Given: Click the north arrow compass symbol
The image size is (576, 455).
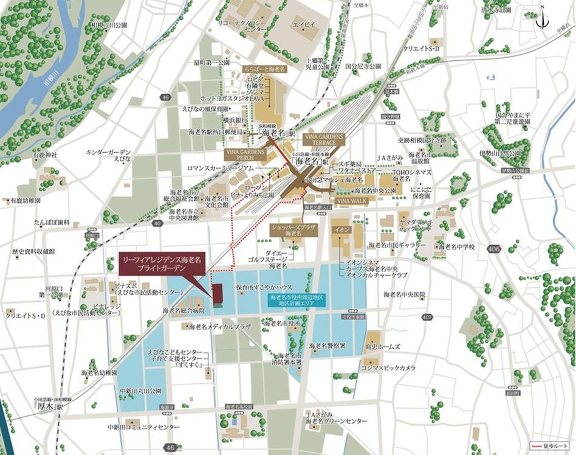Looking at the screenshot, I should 543,18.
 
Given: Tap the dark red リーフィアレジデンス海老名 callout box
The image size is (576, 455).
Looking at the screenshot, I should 163,262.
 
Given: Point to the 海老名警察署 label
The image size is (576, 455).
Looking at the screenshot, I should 327,346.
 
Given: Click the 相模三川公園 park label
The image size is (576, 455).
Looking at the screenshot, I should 109,26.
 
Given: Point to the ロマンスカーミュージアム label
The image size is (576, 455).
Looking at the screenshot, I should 203,167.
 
